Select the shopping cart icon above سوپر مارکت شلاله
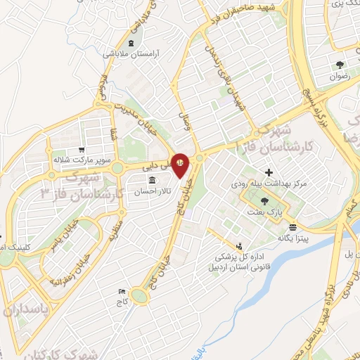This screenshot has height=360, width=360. (x=82, y=149)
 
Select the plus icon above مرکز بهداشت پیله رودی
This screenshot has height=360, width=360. (x=268, y=172)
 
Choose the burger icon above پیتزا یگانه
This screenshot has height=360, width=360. (x=292, y=228)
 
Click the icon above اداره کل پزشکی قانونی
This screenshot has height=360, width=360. (x=241, y=246)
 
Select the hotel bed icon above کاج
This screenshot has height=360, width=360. (x=122, y=291)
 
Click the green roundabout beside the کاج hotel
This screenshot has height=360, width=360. (x=141, y=298)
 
